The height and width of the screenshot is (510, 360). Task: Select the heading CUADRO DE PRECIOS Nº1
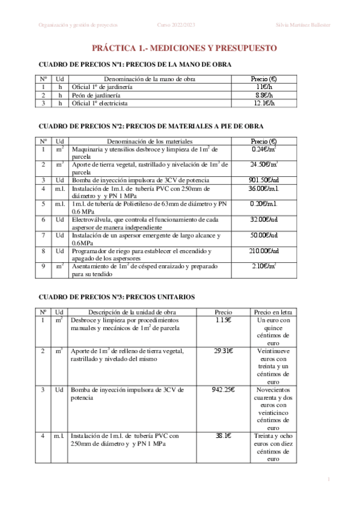(135, 64)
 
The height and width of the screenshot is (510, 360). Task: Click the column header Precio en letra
(273, 312)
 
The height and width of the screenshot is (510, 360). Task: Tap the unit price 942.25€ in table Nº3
(223, 390)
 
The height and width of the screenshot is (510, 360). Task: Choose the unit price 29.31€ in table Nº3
(223, 351)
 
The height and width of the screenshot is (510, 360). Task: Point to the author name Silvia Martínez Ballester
(303, 25)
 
